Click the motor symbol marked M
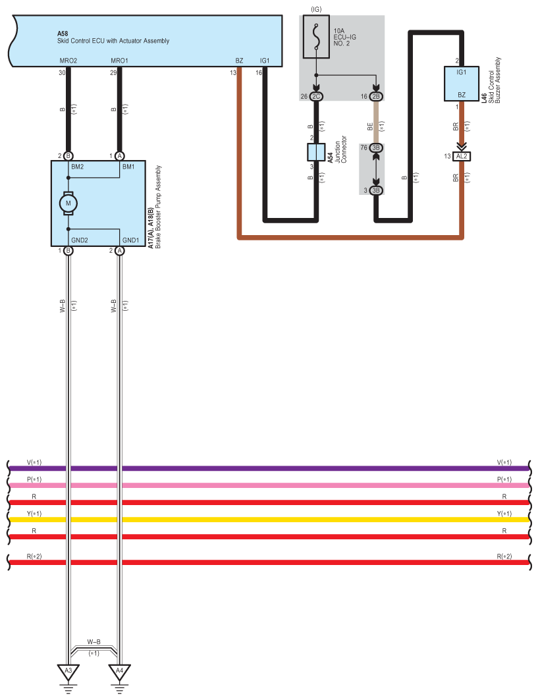(68, 203)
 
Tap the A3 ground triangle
(68, 672)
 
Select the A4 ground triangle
(119, 672)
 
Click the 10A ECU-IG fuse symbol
(316, 37)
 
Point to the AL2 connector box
(462, 156)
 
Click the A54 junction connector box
(316, 152)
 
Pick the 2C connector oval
(316, 96)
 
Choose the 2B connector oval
(376, 96)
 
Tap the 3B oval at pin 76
(376, 148)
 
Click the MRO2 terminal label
(68, 61)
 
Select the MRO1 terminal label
(119, 61)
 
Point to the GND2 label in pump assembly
(80, 240)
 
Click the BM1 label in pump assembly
(128, 167)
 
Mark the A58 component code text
(63, 34)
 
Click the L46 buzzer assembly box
(462, 84)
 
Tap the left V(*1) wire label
(34, 462)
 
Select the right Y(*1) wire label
(504, 514)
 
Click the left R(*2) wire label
(34, 556)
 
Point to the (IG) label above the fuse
(316, 9)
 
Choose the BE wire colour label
(369, 127)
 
